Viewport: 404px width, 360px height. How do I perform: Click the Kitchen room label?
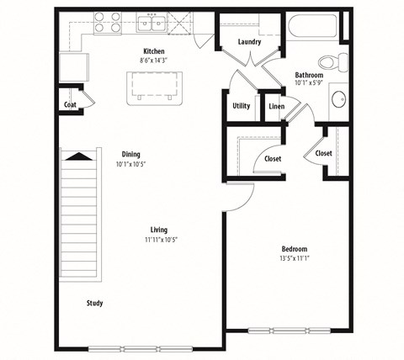(153, 51)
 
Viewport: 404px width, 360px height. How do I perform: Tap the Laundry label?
(248, 42)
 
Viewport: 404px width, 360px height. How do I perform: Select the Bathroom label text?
(309, 75)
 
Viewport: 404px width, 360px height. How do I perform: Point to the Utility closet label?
(241, 106)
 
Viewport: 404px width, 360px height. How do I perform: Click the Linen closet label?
(276, 106)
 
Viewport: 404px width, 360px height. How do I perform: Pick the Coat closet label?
(71, 105)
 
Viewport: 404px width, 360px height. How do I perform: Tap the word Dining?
(130, 154)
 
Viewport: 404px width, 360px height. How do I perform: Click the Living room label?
(158, 230)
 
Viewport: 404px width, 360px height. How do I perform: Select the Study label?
(94, 303)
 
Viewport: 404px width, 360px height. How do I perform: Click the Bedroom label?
(294, 249)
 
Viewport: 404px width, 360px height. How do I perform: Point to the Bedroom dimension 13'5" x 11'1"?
(294, 259)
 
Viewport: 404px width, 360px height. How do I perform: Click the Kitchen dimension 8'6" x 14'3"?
(153, 61)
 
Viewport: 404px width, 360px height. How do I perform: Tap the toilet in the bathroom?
(339, 61)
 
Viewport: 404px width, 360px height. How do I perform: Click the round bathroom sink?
(338, 100)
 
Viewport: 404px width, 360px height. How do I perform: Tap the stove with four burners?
(107, 22)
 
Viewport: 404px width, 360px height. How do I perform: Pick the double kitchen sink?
(151, 23)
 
